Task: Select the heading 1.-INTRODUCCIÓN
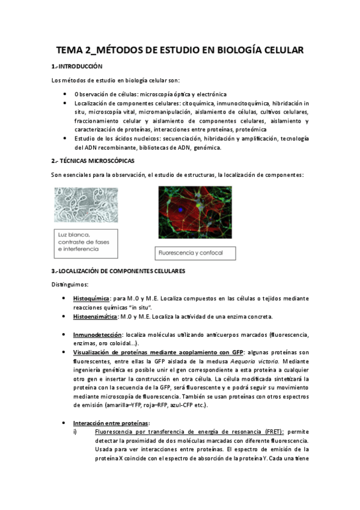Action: coord(77,66)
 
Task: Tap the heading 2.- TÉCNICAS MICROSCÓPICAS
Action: coord(93,161)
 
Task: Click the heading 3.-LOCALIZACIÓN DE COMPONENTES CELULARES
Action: coord(118,271)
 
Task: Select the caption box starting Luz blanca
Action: coord(85,242)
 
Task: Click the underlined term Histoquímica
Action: coord(91,298)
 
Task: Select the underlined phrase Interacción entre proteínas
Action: coord(111,423)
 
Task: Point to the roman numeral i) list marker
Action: coord(77,432)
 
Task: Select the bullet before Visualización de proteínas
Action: coord(65,352)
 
